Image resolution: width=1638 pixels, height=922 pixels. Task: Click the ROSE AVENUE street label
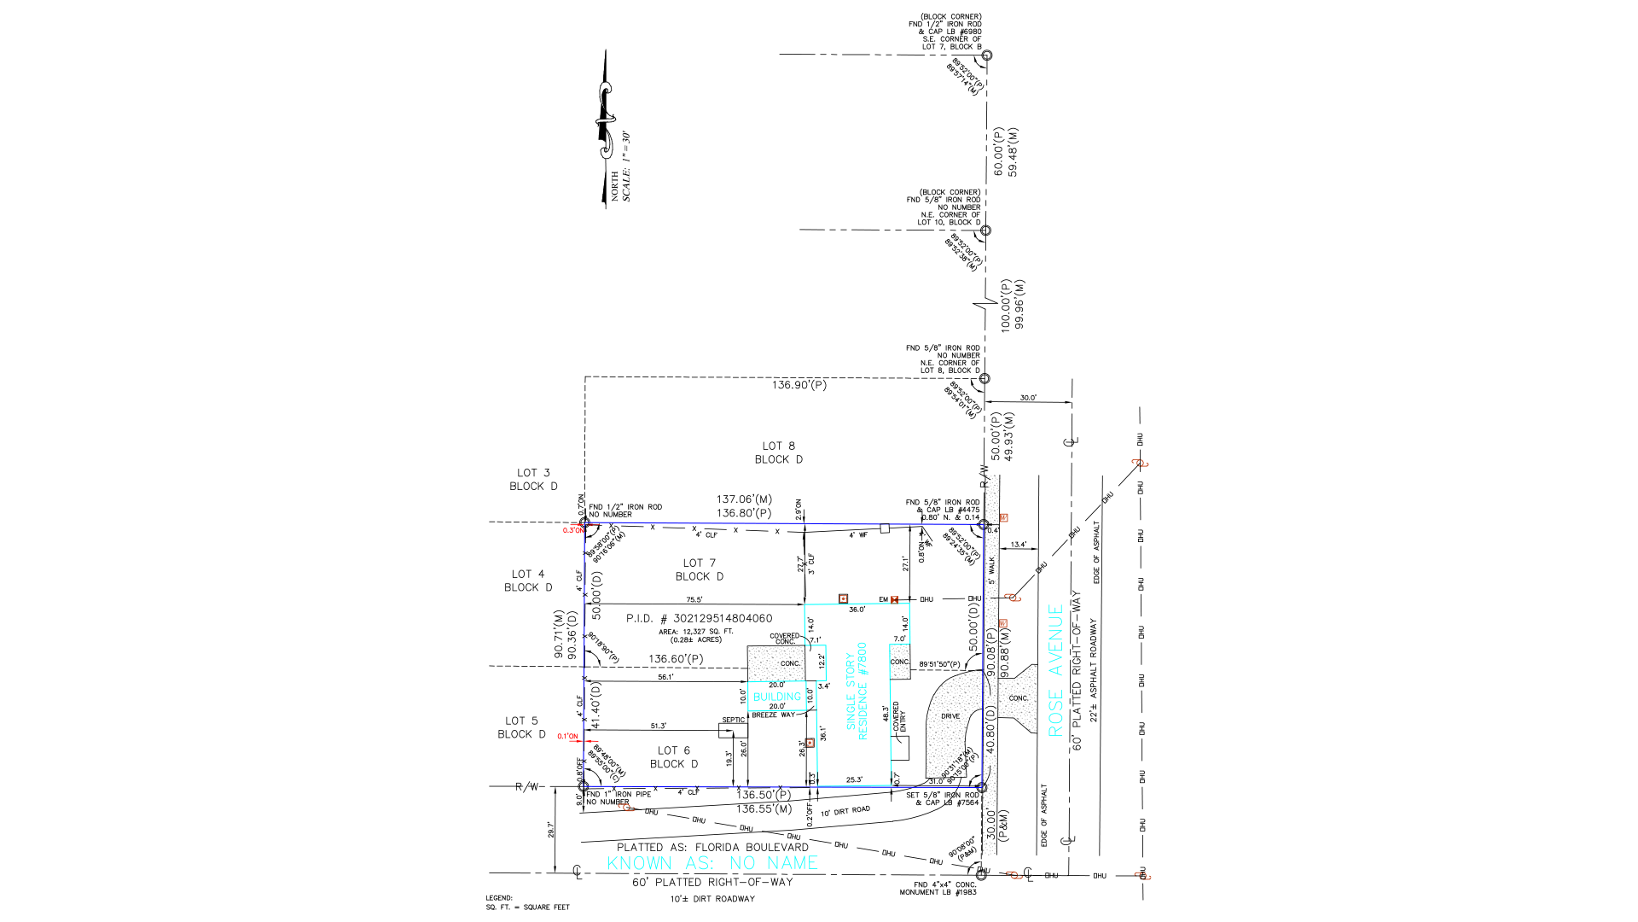click(x=1056, y=670)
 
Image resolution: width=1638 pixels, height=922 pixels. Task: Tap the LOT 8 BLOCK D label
click(x=778, y=452)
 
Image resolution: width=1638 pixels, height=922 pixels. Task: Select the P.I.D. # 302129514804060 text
click(x=699, y=618)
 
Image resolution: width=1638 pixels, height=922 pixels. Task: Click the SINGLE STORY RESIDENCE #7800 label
click(x=857, y=691)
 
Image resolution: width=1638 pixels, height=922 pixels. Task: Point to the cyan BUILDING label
click(x=776, y=697)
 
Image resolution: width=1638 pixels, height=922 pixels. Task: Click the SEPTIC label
click(x=733, y=720)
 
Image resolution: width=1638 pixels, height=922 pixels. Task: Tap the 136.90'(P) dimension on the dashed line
click(x=799, y=385)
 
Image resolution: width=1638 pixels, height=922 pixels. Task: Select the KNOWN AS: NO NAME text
click(x=712, y=863)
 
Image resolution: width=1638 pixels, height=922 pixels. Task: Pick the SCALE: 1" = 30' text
click(x=626, y=166)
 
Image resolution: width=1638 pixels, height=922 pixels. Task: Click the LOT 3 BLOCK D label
click(x=533, y=479)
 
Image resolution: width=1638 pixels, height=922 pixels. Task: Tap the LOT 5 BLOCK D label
click(x=521, y=727)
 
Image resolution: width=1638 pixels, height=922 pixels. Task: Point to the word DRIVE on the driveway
click(x=950, y=716)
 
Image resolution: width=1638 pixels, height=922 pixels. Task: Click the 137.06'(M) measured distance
click(x=743, y=499)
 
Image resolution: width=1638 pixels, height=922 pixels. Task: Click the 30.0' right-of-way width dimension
click(x=1028, y=398)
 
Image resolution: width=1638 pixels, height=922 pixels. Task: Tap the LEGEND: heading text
click(x=499, y=898)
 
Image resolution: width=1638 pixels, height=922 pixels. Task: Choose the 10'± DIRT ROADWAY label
click(x=712, y=899)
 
